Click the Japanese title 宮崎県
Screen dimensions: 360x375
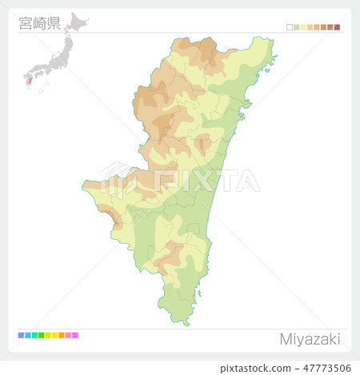point(39,23)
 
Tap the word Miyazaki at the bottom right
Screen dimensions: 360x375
point(310,339)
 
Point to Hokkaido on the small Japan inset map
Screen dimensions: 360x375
point(77,22)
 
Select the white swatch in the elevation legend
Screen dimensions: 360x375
point(290,27)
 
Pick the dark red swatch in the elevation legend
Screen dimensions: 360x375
point(338,27)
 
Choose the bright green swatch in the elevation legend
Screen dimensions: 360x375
point(297,27)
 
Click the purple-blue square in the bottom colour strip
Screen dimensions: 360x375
point(21,335)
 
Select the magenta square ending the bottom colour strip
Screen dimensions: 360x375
point(75,335)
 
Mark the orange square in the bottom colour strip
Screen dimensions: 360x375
point(62,335)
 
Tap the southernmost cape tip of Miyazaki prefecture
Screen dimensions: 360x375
point(186,324)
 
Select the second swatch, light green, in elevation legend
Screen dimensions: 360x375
point(297,27)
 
